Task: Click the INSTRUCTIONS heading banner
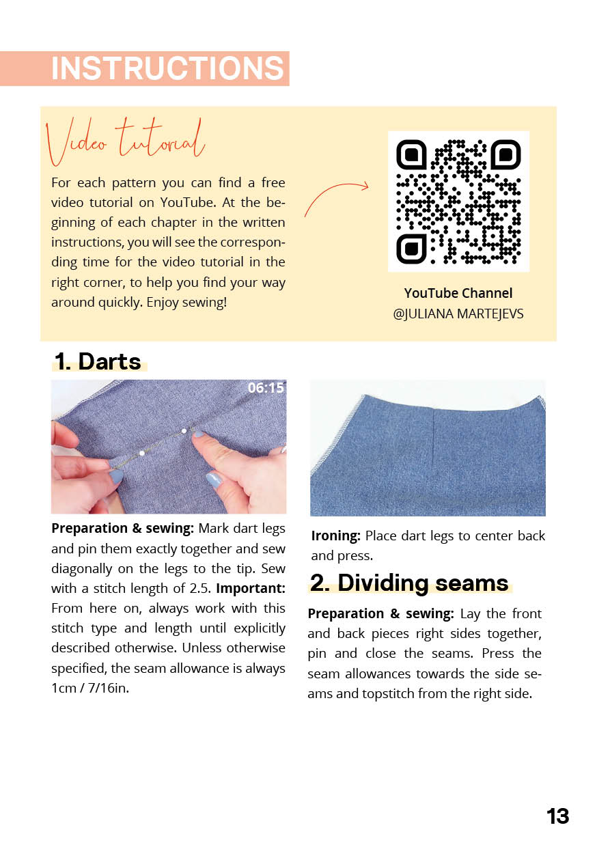[167, 69]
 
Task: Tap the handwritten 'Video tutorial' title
[126, 141]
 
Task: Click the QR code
[458, 202]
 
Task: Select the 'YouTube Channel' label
[458, 293]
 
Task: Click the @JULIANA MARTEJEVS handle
[458, 315]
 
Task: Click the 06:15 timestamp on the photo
[266, 388]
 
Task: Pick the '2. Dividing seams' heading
[409, 583]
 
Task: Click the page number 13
[557, 816]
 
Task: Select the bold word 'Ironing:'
[335, 536]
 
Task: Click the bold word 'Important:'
[251, 588]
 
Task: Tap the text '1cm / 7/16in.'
[90, 688]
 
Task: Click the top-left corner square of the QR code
[412, 155]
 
